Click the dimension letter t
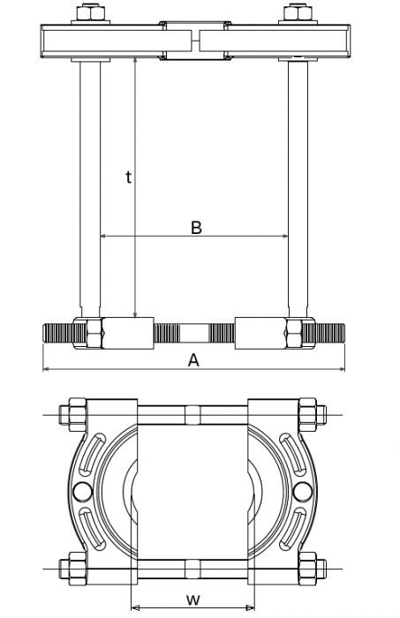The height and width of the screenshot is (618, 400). coord(128,177)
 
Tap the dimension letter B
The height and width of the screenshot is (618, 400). coord(196,227)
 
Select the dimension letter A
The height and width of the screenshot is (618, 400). coord(193,359)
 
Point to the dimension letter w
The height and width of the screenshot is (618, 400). coord(192,599)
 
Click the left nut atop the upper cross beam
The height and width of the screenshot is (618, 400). coord(88,15)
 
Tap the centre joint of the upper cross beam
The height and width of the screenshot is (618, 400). coord(193,41)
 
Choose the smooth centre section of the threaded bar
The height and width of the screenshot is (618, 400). coord(193,335)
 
